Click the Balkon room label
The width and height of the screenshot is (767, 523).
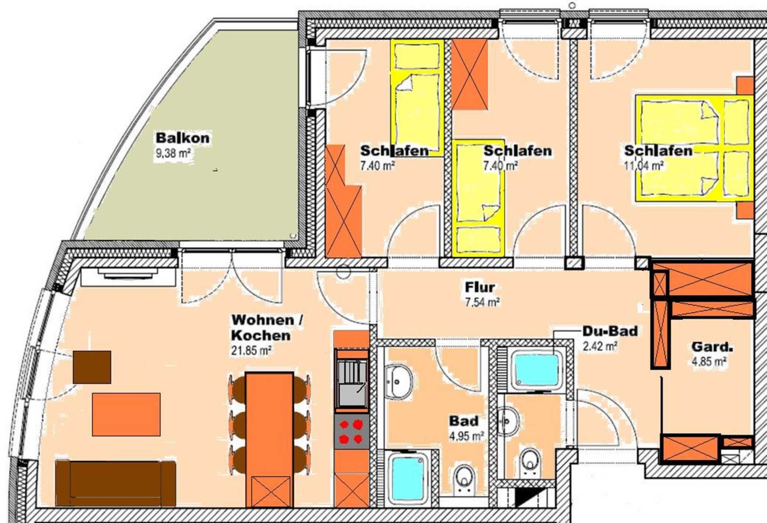[x=183, y=138]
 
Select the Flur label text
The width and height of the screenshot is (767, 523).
[x=480, y=287]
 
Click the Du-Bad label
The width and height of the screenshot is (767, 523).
[x=610, y=331]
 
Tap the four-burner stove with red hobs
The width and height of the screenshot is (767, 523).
[x=351, y=431]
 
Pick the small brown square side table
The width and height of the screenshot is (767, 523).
[x=92, y=367]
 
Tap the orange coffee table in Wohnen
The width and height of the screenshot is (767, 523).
[x=126, y=414]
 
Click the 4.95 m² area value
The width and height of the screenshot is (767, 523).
[x=466, y=436]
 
